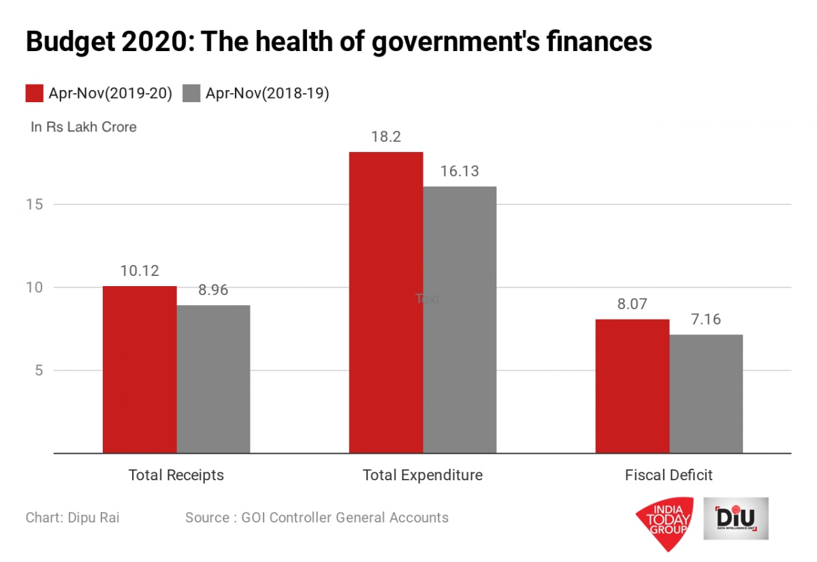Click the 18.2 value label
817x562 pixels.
(386, 137)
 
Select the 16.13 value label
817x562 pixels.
(460, 172)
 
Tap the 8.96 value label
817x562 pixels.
(213, 290)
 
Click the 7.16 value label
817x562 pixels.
(706, 319)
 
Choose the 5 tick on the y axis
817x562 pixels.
(39, 371)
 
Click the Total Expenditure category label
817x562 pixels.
(423, 475)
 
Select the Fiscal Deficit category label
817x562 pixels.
(669, 475)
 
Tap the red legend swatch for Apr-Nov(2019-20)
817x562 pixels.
(35, 93)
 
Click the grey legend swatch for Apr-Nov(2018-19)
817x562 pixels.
(192, 93)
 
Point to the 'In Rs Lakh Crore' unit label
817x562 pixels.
(84, 127)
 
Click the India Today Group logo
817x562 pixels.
(664, 524)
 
